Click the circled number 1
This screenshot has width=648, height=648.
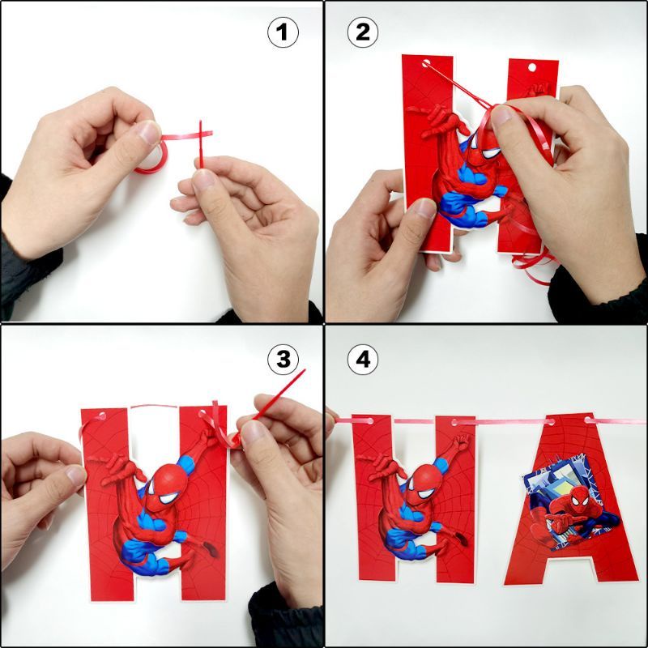click(x=283, y=32)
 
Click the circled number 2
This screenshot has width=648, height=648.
click(x=362, y=32)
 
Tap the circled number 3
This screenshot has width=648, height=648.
click(x=283, y=359)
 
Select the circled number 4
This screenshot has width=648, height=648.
click(x=362, y=359)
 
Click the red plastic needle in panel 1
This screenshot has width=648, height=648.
click(x=201, y=144)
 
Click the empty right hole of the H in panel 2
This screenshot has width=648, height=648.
click(x=532, y=67)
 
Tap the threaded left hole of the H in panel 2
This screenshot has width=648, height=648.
click(x=426, y=64)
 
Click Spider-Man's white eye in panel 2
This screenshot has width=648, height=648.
click(x=491, y=153)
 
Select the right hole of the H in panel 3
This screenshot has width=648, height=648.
click(x=202, y=413)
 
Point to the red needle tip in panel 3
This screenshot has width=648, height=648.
click(x=305, y=370)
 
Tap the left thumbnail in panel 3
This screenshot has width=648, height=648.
click(x=76, y=475)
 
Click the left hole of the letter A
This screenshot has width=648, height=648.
click(x=551, y=422)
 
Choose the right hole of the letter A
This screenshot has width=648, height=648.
click(x=589, y=420)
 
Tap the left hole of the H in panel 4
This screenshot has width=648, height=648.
click(x=369, y=421)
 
